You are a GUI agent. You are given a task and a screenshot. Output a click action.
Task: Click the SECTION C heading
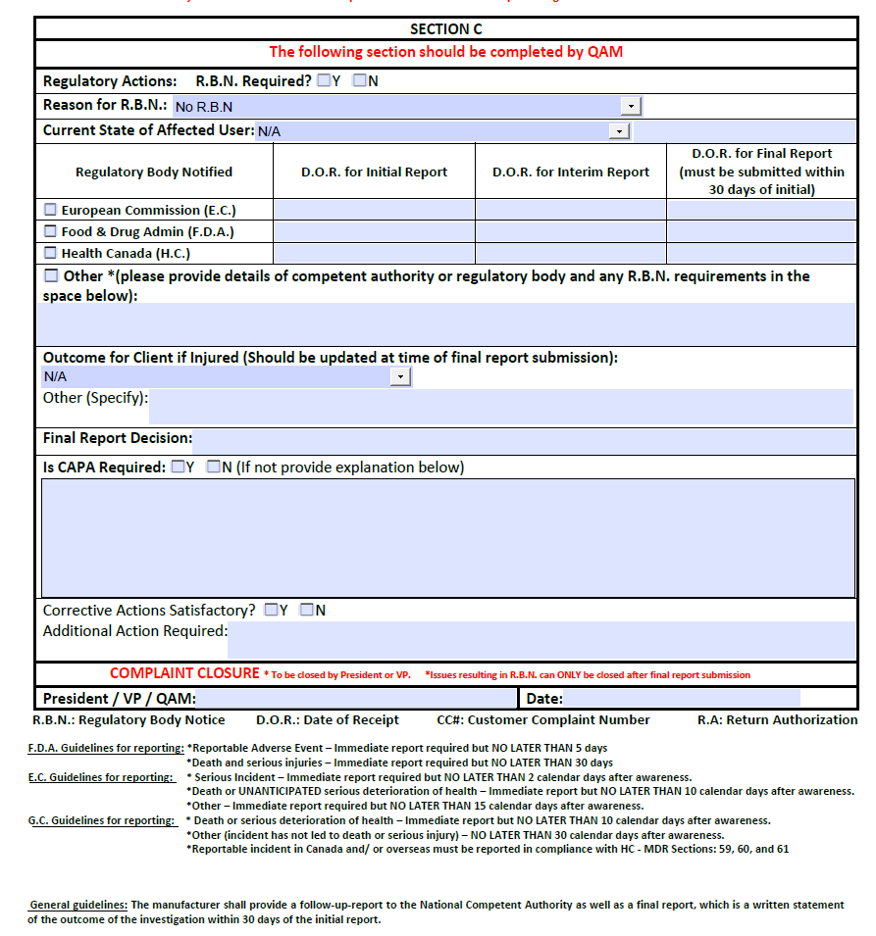tap(445, 29)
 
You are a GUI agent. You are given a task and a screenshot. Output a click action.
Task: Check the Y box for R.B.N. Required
tap(324, 81)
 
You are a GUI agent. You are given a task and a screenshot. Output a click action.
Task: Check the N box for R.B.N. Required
tap(360, 81)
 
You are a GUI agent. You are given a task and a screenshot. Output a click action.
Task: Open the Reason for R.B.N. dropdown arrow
tap(631, 106)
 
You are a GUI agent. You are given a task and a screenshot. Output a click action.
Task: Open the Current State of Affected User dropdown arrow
tap(618, 131)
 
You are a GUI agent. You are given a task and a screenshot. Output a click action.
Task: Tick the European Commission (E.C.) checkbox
tap(51, 210)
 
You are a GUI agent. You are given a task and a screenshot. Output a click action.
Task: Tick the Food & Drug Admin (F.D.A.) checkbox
tap(51, 232)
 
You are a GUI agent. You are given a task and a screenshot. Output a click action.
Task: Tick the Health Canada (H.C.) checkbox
tap(51, 254)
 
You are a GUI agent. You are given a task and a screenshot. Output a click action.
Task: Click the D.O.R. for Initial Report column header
tap(374, 172)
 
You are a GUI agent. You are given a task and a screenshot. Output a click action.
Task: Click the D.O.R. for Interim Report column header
tap(570, 172)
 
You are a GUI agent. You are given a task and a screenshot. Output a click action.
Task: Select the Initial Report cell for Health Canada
tap(374, 254)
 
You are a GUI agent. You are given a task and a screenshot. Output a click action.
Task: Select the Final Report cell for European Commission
tap(761, 210)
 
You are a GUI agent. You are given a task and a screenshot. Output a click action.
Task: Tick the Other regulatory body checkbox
tap(51, 276)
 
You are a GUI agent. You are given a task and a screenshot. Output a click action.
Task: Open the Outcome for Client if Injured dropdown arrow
tap(400, 377)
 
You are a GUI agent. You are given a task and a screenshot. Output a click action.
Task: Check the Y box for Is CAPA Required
tap(178, 468)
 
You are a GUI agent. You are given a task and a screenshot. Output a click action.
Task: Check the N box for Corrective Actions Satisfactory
tap(307, 611)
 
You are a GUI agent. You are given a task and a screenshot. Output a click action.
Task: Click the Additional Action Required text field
tap(541, 640)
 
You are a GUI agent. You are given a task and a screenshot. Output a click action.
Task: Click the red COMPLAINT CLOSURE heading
tap(183, 673)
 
